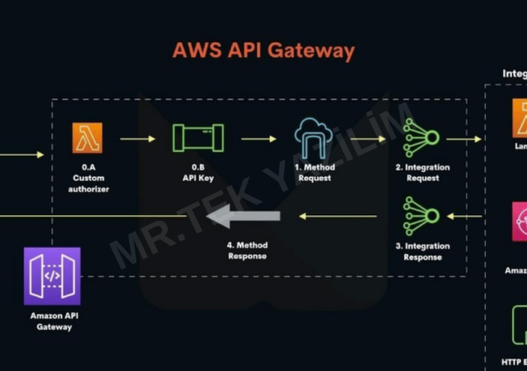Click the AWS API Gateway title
click(x=263, y=50)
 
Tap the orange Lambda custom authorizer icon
click(x=88, y=138)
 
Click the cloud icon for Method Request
click(x=314, y=137)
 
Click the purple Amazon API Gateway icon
click(x=53, y=275)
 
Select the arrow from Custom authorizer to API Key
click(x=139, y=138)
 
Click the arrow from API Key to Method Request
click(x=258, y=138)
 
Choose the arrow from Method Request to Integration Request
click(x=369, y=138)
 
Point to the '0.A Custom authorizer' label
click(x=88, y=178)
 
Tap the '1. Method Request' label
click(x=314, y=172)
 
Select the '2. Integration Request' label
click(x=422, y=172)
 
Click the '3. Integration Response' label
click(x=422, y=251)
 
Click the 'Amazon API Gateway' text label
click(x=53, y=321)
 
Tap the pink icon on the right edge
click(x=520, y=222)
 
